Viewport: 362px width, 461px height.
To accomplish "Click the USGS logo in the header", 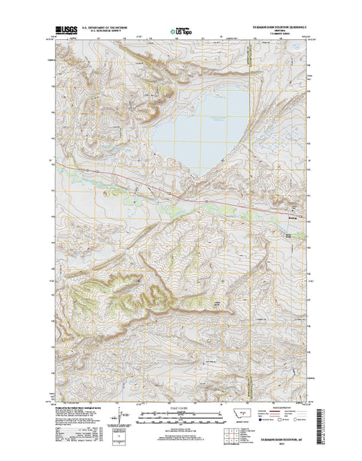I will [65, 34].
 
